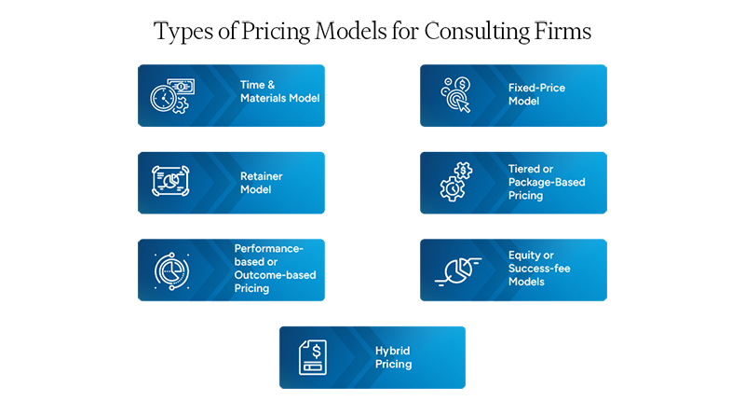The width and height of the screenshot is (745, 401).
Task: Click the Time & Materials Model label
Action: (x=279, y=91)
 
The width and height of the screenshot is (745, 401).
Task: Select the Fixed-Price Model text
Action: (x=536, y=94)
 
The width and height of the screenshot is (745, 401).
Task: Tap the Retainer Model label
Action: (x=261, y=182)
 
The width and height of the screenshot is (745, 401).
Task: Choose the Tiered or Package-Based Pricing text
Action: (x=547, y=182)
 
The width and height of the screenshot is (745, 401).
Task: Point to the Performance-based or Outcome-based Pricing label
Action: (x=275, y=269)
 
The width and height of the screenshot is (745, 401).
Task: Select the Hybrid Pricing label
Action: (x=393, y=357)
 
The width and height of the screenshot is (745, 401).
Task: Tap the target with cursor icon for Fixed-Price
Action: (x=455, y=95)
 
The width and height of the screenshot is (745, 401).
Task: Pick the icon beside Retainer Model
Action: (x=171, y=181)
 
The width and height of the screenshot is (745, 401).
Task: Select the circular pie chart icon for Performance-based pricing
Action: (x=172, y=270)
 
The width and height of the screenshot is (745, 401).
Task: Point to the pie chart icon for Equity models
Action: (x=456, y=270)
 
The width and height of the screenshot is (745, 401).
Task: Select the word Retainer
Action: (x=261, y=175)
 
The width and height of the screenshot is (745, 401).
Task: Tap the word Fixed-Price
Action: (x=536, y=88)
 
